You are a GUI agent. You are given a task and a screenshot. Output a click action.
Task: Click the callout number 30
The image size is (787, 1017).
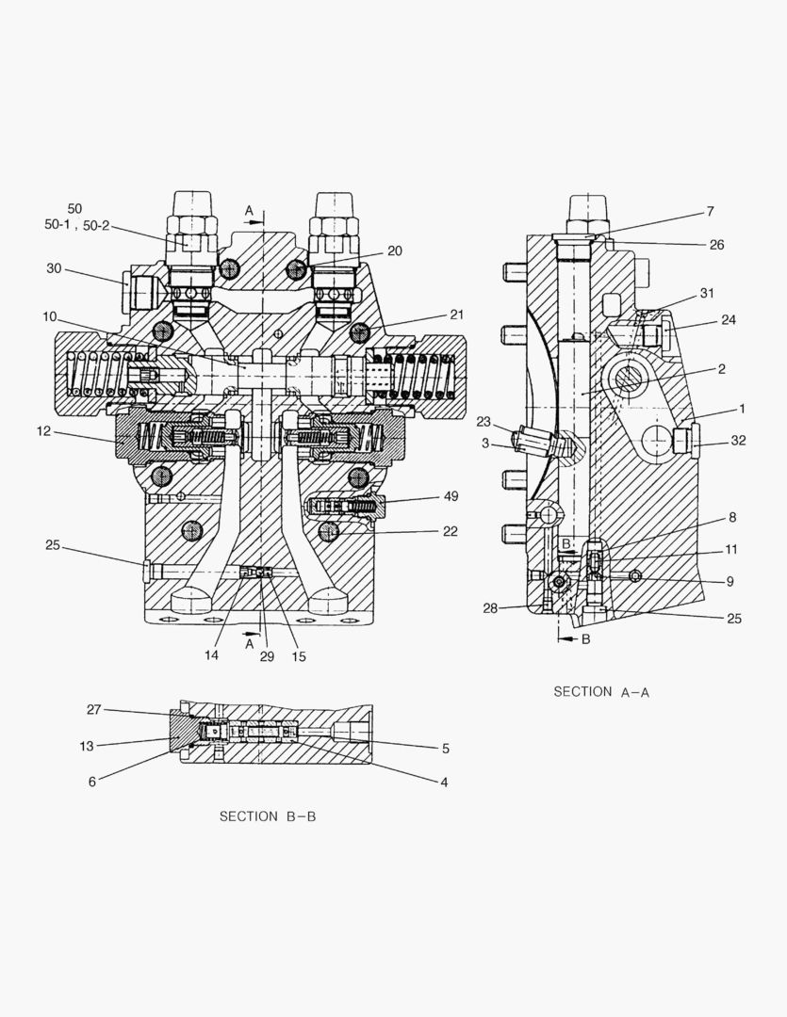point(54,268)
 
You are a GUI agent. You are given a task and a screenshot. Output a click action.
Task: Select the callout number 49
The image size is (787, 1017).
point(451,496)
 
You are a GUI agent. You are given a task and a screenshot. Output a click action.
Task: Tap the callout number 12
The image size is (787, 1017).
point(43,430)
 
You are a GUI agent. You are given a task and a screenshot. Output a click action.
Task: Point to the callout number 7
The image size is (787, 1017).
point(711,212)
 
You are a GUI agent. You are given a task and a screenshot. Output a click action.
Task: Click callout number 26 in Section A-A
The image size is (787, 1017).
point(717,245)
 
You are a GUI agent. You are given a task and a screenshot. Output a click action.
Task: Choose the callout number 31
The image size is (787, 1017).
point(707,293)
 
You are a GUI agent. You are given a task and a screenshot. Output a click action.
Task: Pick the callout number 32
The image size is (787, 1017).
point(738,441)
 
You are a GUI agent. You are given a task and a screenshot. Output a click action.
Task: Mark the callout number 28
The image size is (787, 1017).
point(490,608)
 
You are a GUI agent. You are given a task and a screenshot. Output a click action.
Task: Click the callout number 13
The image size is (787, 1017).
point(87,747)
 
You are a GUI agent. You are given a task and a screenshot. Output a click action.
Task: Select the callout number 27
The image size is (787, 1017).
point(94,710)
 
